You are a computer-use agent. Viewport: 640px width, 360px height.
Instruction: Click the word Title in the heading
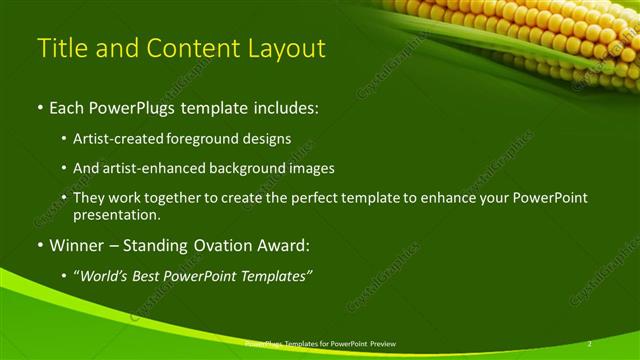tap(59, 48)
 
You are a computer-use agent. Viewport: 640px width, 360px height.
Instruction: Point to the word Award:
tap(286, 244)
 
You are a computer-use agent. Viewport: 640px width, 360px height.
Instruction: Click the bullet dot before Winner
tap(39, 244)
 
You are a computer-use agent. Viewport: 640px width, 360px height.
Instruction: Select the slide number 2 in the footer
tap(590, 343)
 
